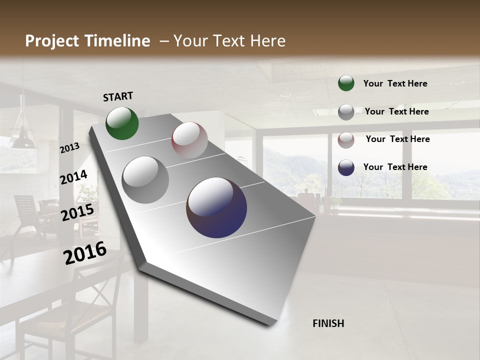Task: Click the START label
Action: click(x=118, y=96)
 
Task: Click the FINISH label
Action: click(x=328, y=323)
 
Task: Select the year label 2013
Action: click(x=69, y=148)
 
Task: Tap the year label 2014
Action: click(x=73, y=177)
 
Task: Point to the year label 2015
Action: click(x=77, y=212)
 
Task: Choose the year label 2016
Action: click(x=85, y=253)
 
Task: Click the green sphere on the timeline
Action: click(x=122, y=123)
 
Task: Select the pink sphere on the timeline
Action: click(x=189, y=140)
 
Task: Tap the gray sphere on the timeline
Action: click(x=145, y=179)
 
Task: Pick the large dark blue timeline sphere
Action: click(x=216, y=207)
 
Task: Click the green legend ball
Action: click(x=346, y=83)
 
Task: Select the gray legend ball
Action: click(x=346, y=112)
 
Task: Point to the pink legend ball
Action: click(x=346, y=140)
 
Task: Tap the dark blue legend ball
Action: click(x=346, y=167)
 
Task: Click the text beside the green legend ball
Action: click(x=395, y=83)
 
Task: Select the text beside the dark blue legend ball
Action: click(x=395, y=167)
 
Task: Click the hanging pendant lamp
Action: click(x=23, y=135)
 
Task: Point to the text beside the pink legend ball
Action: click(x=397, y=139)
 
